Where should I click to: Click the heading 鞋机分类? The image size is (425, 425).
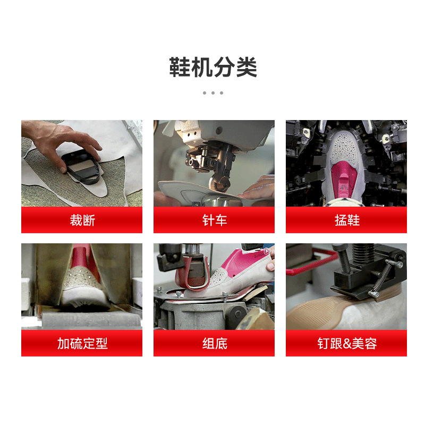pos(213,67)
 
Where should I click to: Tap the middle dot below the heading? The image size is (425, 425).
pos(213,93)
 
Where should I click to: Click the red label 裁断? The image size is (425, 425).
pos(82,220)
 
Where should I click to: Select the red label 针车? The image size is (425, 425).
pos(214,220)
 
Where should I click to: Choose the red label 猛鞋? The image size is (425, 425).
pos(346,220)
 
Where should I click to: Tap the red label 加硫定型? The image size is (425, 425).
pos(82,343)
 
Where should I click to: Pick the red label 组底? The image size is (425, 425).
pos(214,343)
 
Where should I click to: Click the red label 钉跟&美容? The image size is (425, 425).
pos(346,343)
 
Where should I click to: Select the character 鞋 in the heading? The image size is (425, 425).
pos(180,67)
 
